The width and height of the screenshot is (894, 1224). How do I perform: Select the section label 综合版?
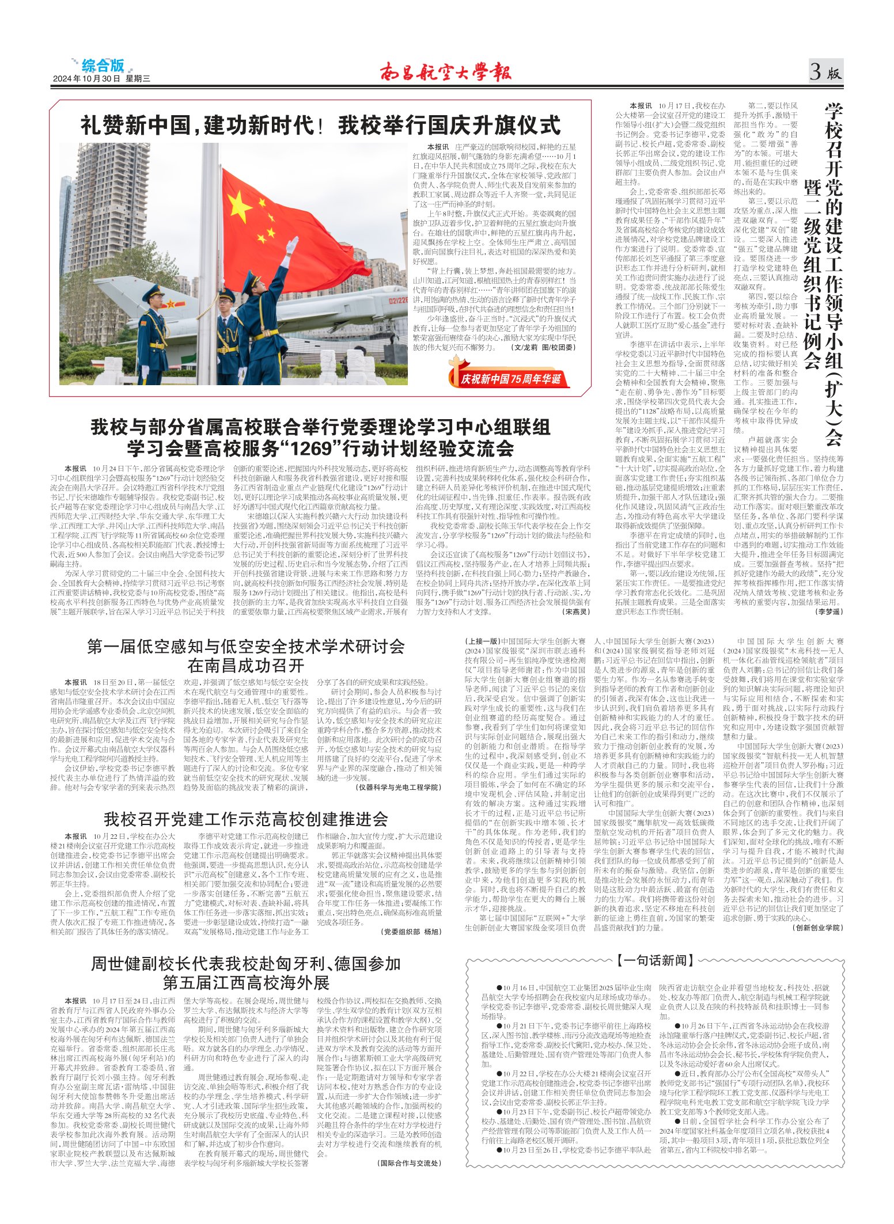(103, 65)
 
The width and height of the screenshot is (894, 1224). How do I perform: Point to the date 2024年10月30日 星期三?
(101, 79)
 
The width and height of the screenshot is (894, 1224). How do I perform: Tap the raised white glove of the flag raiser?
(293, 246)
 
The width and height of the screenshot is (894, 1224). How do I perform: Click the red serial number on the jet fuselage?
(397, 300)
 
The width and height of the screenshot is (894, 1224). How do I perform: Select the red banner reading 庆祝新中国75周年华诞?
(510, 378)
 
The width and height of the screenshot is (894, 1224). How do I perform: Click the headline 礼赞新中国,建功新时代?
(199, 125)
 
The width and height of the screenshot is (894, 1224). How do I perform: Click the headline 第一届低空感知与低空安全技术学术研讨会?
(246, 646)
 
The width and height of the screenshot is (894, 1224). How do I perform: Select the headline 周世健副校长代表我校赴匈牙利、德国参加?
(246, 963)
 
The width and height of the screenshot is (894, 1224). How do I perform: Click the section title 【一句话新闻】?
(655, 960)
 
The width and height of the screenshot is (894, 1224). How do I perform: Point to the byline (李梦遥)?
(829, 611)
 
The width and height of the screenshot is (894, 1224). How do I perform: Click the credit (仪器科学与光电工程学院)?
(399, 787)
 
